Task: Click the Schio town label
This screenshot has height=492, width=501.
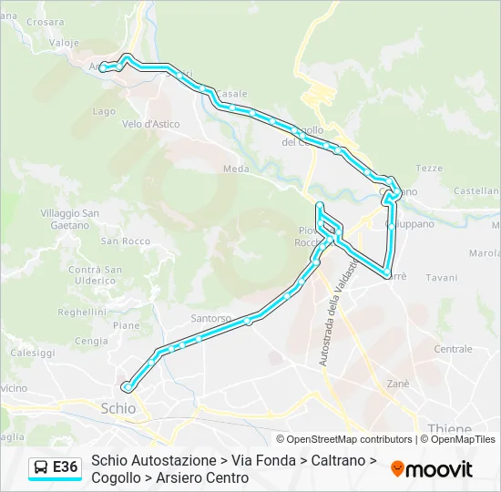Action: tap(119, 409)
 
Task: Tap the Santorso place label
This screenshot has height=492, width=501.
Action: tap(211, 318)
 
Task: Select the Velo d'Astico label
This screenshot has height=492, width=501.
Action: tap(150, 123)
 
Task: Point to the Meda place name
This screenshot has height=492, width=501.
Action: tap(236, 169)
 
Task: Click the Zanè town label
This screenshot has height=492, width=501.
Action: tap(398, 384)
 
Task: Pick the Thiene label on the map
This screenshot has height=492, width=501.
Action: tap(449, 428)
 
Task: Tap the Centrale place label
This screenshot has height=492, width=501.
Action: tap(453, 349)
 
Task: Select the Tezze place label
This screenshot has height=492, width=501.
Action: tap(429, 168)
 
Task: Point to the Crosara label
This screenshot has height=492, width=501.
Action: tap(46, 22)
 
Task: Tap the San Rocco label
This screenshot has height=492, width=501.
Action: tap(125, 241)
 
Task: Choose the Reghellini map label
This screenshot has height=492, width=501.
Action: tap(82, 311)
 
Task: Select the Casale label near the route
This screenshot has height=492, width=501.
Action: tap(231, 93)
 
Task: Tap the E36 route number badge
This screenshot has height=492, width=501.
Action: tap(66, 467)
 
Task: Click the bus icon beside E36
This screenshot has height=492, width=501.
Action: tap(41, 468)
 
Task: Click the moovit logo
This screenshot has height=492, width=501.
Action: tap(432, 469)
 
